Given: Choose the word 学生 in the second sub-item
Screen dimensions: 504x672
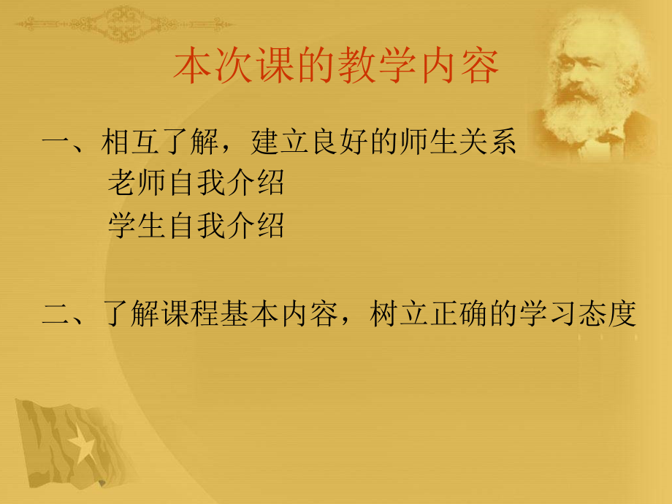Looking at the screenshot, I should (137, 226).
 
